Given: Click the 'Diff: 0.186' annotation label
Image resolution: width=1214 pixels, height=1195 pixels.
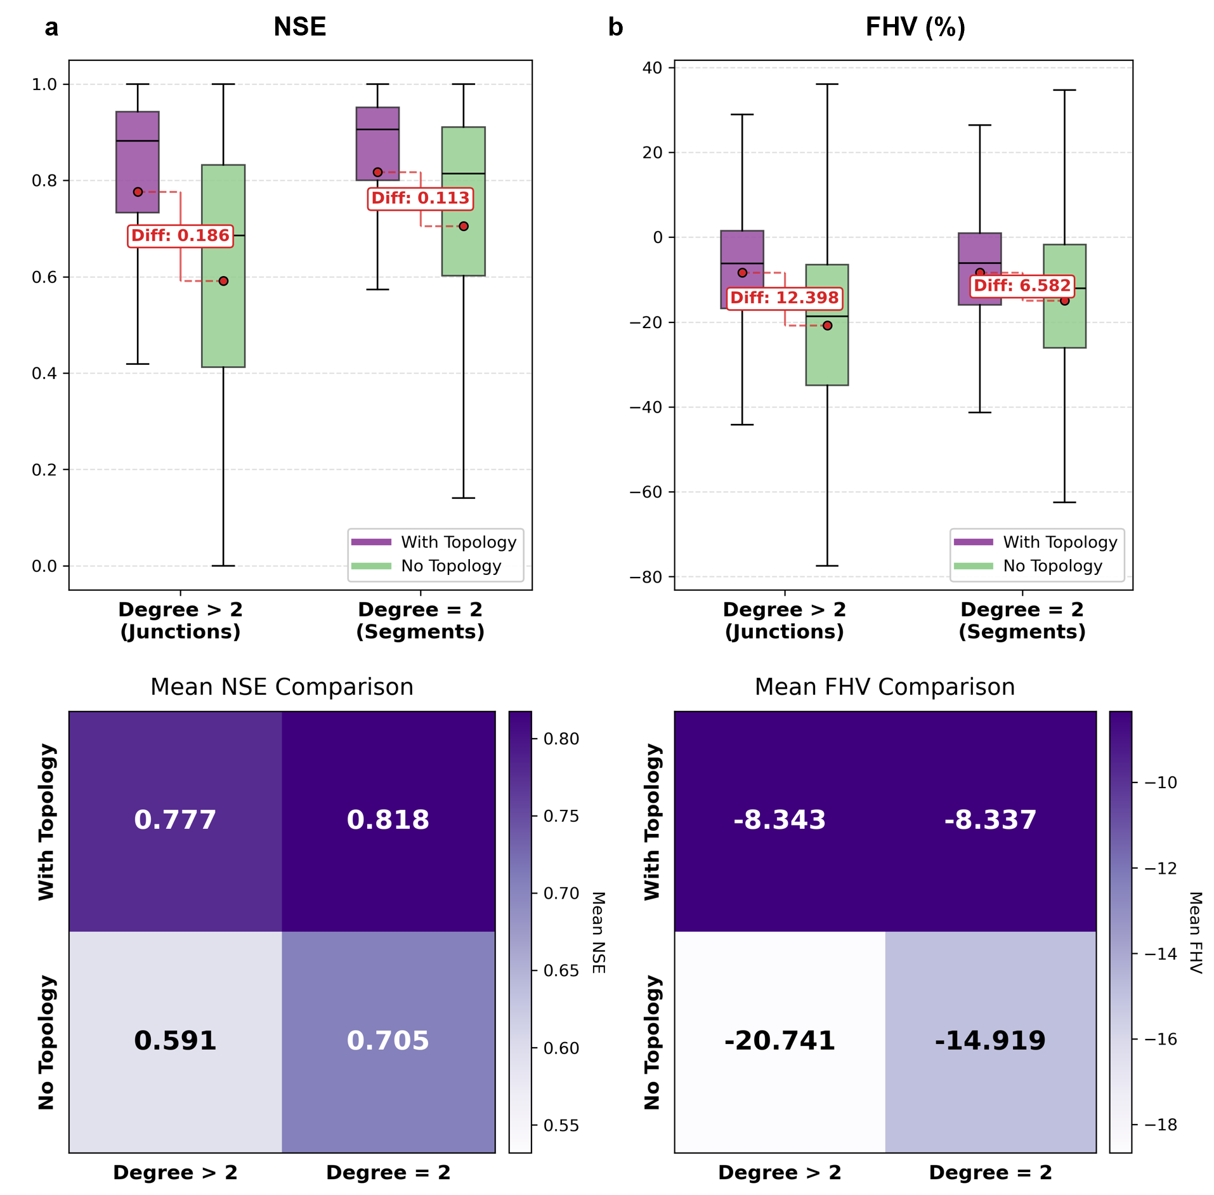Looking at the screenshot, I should click(x=180, y=235).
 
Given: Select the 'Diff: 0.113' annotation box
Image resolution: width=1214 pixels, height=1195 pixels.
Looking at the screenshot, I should click(x=420, y=198).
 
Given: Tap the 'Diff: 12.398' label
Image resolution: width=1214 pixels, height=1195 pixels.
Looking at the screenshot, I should click(x=784, y=298).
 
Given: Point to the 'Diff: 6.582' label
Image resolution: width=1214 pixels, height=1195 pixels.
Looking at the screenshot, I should click(x=1022, y=286).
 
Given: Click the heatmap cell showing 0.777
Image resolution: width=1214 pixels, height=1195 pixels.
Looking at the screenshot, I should click(x=175, y=820).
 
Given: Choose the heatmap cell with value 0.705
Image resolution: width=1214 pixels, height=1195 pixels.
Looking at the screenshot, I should click(x=388, y=1041).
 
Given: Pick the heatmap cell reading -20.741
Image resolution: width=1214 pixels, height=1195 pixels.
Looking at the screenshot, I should click(x=780, y=1041).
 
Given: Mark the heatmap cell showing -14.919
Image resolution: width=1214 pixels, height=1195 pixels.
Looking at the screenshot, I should click(x=990, y=1041).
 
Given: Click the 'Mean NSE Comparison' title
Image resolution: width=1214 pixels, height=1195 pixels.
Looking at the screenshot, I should click(x=282, y=687).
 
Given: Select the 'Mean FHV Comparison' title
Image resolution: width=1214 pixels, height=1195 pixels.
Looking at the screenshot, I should click(x=884, y=687).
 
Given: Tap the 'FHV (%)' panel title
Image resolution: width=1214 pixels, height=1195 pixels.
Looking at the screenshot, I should click(x=915, y=27).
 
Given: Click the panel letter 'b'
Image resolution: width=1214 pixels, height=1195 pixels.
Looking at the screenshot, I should click(x=615, y=27).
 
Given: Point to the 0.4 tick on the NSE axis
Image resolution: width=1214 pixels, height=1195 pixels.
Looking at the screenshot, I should click(x=44, y=373).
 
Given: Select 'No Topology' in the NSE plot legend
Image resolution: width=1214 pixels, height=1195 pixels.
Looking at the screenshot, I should click(x=450, y=566).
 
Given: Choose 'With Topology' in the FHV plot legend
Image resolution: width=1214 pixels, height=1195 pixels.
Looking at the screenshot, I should click(x=1059, y=542).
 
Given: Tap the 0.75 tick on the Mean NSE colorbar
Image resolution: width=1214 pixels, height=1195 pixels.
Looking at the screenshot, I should click(x=561, y=816).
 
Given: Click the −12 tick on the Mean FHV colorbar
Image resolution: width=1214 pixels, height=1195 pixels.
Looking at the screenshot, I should click(x=1160, y=868).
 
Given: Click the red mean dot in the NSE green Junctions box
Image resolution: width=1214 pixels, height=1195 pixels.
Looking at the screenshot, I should click(x=223, y=281).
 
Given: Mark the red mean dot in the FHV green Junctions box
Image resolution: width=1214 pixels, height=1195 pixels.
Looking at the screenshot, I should click(x=827, y=326).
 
